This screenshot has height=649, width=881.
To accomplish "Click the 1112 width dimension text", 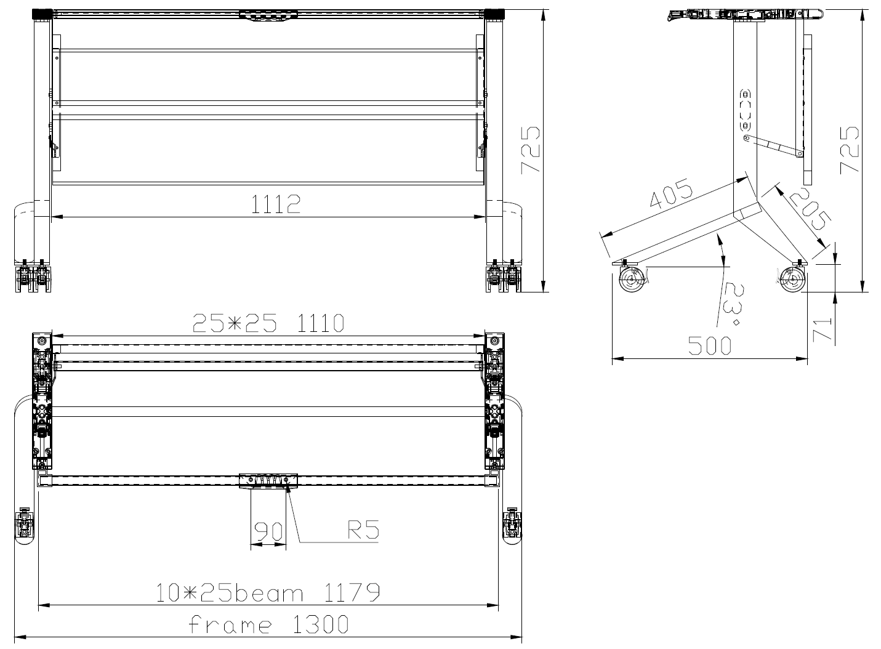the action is (x=276, y=204).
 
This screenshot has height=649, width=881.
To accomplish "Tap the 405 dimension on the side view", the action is (x=671, y=193).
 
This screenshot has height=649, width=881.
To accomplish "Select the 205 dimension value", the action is (x=810, y=209).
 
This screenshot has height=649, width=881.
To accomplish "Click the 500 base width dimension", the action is (x=709, y=345).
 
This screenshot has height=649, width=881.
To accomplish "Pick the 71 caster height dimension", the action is (x=823, y=329).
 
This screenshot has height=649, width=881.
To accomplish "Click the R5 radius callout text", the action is (x=363, y=530).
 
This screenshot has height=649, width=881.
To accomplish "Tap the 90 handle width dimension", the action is (x=268, y=531).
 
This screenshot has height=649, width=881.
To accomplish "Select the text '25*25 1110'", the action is (x=268, y=323).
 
